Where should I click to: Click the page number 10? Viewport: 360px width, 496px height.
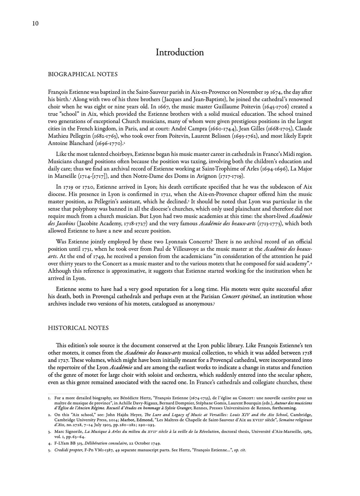coord(35,24)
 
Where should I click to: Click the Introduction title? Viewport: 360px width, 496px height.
coord(180,52)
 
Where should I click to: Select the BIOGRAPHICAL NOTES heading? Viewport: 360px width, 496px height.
coord(83,74)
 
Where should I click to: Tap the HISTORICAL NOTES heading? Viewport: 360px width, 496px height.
coord(78,328)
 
